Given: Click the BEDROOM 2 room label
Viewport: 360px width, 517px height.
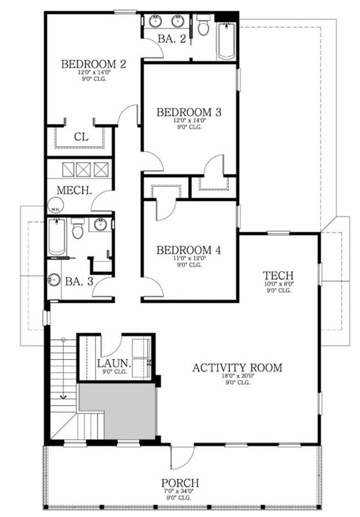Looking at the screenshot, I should [x=93, y=64].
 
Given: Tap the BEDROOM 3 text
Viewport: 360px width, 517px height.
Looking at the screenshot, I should [x=189, y=112].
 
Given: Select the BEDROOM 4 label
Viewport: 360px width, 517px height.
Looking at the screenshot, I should [x=189, y=250].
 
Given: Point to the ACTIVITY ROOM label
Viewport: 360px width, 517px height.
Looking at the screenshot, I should [x=237, y=368].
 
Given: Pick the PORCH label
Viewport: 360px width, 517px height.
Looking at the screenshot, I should [x=180, y=483].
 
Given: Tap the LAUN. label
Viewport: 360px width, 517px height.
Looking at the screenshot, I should [x=114, y=363].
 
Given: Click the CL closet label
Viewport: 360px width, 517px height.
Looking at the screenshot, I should [x=81, y=136].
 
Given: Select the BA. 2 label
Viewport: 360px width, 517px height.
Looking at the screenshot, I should [x=172, y=39].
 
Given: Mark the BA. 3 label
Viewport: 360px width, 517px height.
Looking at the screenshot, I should [x=80, y=281].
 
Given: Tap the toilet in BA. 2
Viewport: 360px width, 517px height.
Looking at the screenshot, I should [x=204, y=27].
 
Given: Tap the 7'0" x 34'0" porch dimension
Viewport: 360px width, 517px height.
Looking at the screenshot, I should [x=180, y=492].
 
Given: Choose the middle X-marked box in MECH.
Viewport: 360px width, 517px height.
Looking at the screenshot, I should [x=85, y=169].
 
